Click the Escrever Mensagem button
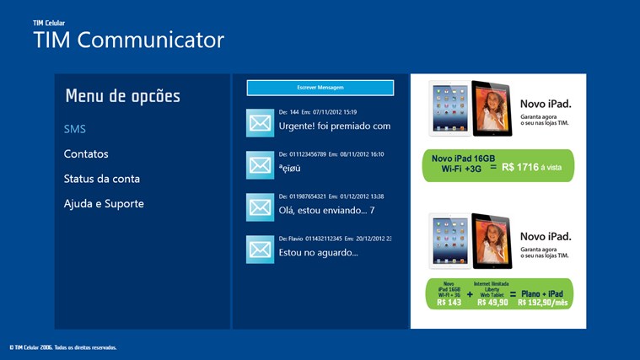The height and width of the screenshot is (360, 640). [320, 88]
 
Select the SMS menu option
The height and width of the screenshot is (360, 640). [75, 129]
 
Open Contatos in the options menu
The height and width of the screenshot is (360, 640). [86, 154]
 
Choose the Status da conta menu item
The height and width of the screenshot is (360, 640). [102, 179]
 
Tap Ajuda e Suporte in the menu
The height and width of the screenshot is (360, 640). [104, 203]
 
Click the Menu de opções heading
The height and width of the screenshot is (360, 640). [122, 96]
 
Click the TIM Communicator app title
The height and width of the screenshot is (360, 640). [128, 40]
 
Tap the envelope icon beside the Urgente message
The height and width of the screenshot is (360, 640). [261, 122]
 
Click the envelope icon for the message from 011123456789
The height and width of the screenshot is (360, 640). [261, 164]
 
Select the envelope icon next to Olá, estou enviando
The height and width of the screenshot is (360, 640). [261, 207]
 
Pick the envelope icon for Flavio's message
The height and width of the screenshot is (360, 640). [261, 249]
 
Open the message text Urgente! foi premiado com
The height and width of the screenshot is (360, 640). [335, 126]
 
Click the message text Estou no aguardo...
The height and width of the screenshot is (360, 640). [318, 252]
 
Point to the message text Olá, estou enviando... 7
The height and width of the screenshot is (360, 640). [326, 210]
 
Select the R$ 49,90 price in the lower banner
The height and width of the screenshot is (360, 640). [492, 302]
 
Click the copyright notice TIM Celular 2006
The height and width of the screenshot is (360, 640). [63, 347]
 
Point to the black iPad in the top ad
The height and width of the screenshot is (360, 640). [492, 109]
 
